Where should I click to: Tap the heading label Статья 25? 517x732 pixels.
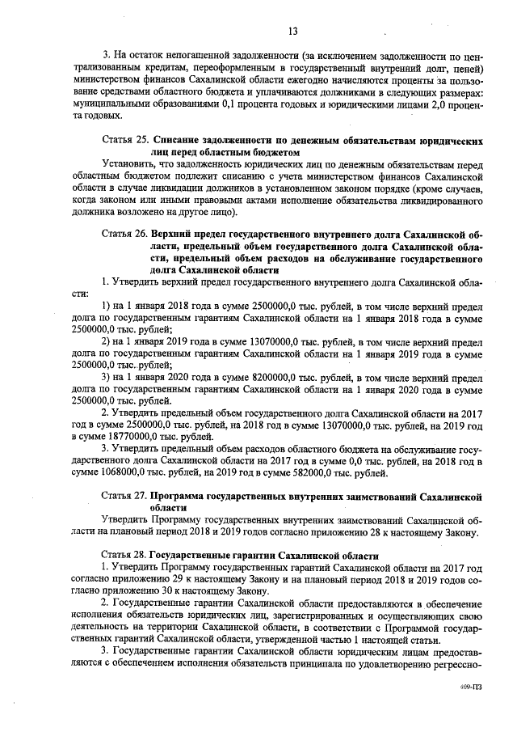(124, 140)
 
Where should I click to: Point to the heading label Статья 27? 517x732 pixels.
(124, 494)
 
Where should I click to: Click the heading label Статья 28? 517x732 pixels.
(124, 556)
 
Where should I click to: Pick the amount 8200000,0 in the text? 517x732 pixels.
(239, 378)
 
